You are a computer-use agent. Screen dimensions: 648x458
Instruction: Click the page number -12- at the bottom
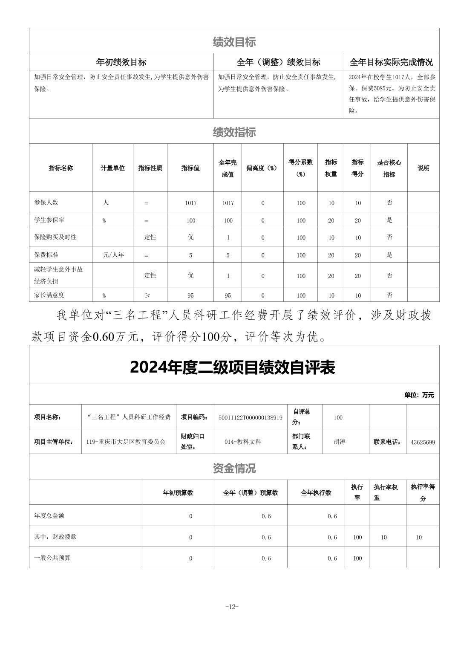pos(232,607)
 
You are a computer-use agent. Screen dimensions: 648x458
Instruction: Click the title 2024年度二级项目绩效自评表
pos(233,367)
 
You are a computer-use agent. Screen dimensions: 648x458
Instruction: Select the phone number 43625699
pos(423,442)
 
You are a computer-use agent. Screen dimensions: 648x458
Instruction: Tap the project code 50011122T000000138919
pos(250,417)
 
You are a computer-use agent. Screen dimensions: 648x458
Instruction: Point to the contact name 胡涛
pos(340,442)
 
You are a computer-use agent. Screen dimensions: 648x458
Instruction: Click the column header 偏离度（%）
pos(262,168)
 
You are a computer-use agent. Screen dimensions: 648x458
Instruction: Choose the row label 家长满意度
pos(49,295)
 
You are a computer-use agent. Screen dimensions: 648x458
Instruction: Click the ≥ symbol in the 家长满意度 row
pos(147,295)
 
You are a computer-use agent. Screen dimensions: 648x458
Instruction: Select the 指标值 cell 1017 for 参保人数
pos(190,203)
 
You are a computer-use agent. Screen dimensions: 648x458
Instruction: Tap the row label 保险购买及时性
pos(55,237)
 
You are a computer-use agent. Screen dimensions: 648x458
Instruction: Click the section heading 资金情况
pos(234,469)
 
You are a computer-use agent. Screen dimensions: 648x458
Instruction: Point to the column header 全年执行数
pos(316,492)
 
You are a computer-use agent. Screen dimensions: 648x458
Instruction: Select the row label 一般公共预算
pos(52,558)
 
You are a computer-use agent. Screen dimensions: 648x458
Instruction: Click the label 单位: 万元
pos(419,395)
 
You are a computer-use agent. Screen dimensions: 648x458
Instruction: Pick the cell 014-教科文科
pos(243,442)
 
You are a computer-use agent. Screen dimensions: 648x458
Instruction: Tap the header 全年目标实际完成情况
pos(391,62)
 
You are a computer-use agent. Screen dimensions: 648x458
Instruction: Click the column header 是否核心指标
pos(389,168)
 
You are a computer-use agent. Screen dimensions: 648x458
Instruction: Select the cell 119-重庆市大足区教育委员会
pos(126,442)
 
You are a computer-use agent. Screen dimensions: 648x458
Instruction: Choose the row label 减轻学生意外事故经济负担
pos(58,275)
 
